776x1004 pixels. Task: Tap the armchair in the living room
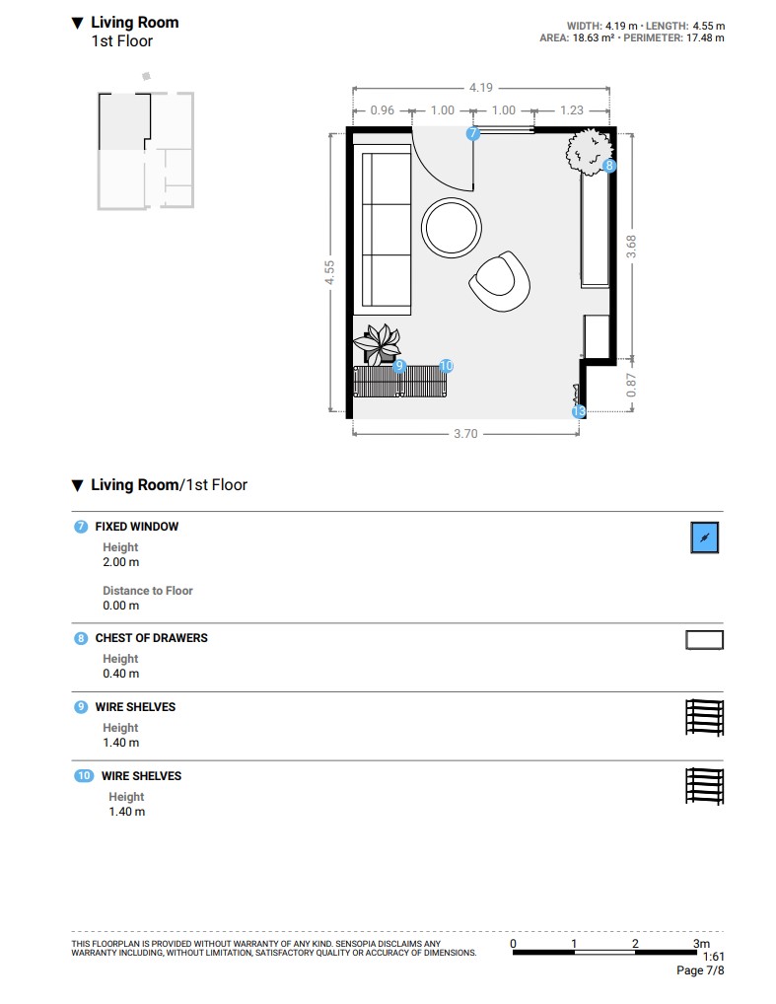(x=500, y=282)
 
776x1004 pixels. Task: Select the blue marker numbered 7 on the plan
(x=472, y=133)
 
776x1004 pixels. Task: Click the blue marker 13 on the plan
(x=579, y=411)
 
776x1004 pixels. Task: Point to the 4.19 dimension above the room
(x=481, y=88)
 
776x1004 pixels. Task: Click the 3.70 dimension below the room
(x=465, y=434)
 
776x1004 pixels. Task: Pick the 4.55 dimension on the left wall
(x=329, y=272)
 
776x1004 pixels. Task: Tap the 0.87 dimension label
(x=631, y=385)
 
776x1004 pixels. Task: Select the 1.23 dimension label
(x=572, y=110)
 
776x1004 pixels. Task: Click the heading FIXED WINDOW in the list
(x=137, y=527)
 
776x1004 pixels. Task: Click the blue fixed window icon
(x=704, y=538)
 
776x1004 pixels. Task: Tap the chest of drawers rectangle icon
(x=704, y=640)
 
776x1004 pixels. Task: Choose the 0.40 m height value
(x=121, y=674)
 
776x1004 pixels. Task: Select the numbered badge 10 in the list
(x=84, y=776)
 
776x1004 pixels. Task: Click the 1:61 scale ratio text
(x=713, y=957)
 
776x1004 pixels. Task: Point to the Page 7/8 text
(x=700, y=970)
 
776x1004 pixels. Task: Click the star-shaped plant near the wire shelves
(x=378, y=343)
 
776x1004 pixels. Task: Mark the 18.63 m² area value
(x=593, y=37)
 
